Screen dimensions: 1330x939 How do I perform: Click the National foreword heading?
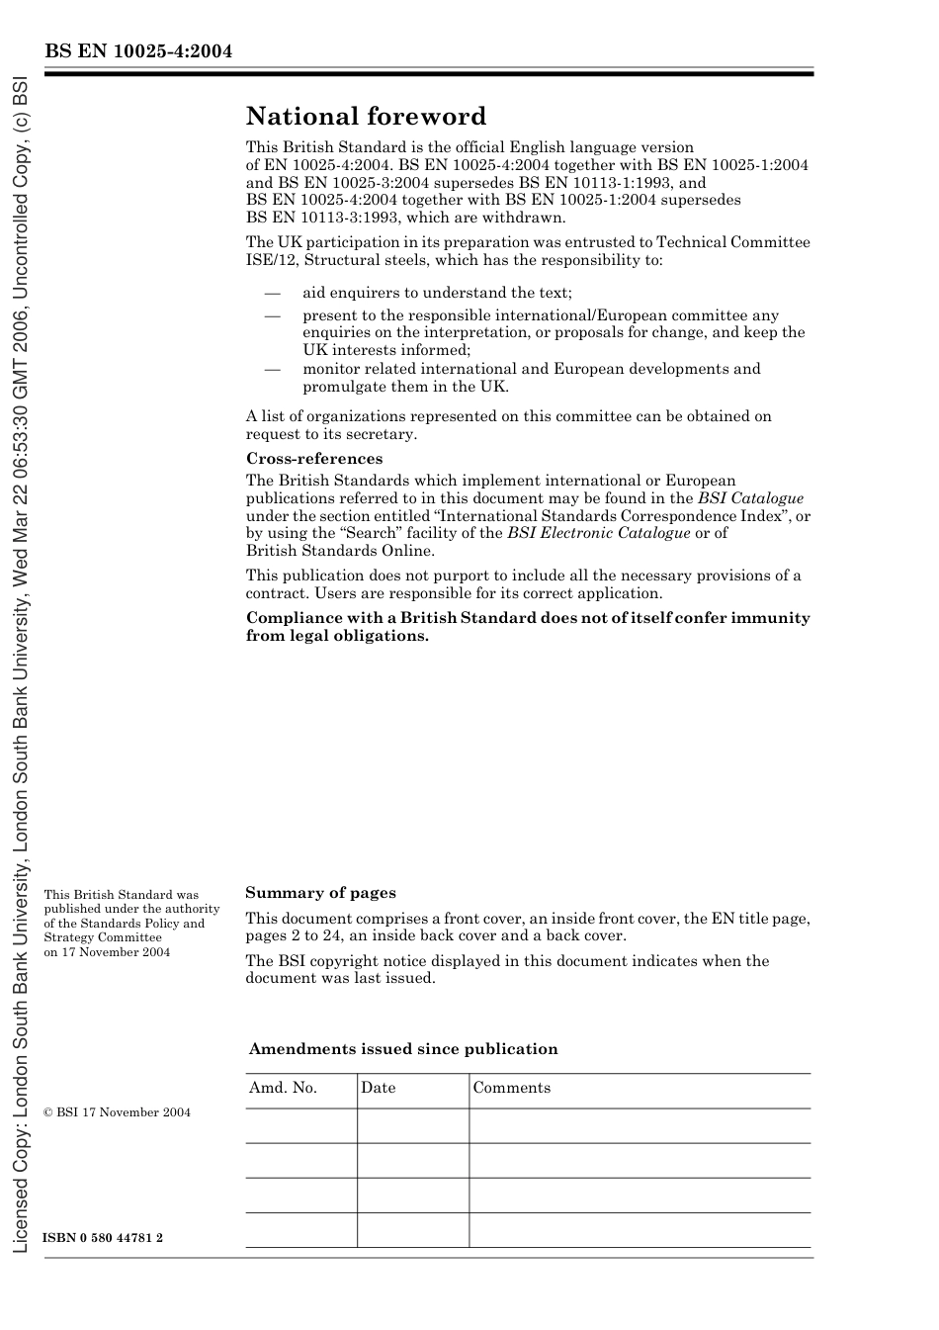pos(366,117)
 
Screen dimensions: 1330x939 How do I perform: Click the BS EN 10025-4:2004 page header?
pos(137,51)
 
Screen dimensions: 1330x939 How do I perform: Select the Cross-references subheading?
pos(313,459)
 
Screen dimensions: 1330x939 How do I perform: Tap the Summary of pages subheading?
pos(320,893)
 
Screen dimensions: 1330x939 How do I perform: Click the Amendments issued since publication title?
pos(403,1049)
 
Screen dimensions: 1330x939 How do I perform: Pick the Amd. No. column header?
pos(283,1088)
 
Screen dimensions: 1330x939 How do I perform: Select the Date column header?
pos(378,1088)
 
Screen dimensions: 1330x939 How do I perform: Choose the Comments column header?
pos(511,1088)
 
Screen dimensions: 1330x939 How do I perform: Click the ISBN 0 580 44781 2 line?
pos(103,1238)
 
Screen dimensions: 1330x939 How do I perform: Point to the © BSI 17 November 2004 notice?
pos(117,1112)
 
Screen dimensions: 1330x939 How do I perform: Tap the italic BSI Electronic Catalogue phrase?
pos(598,533)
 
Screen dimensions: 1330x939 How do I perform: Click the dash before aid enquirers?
pos(272,294)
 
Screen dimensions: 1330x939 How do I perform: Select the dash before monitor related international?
pos(272,370)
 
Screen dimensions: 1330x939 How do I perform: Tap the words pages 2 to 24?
pos(288,935)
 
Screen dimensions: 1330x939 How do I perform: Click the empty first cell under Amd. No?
pos(300,1125)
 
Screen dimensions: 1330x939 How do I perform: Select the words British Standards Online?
pos(339,551)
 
